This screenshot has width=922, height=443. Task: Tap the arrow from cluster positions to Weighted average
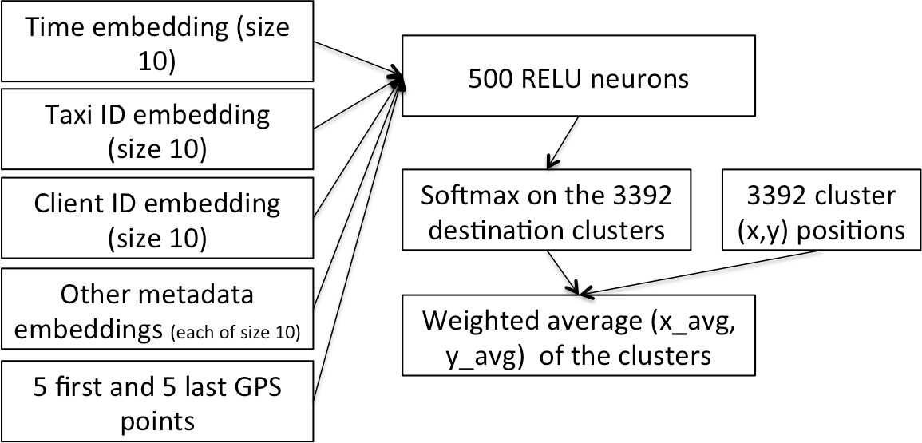coord(702,271)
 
